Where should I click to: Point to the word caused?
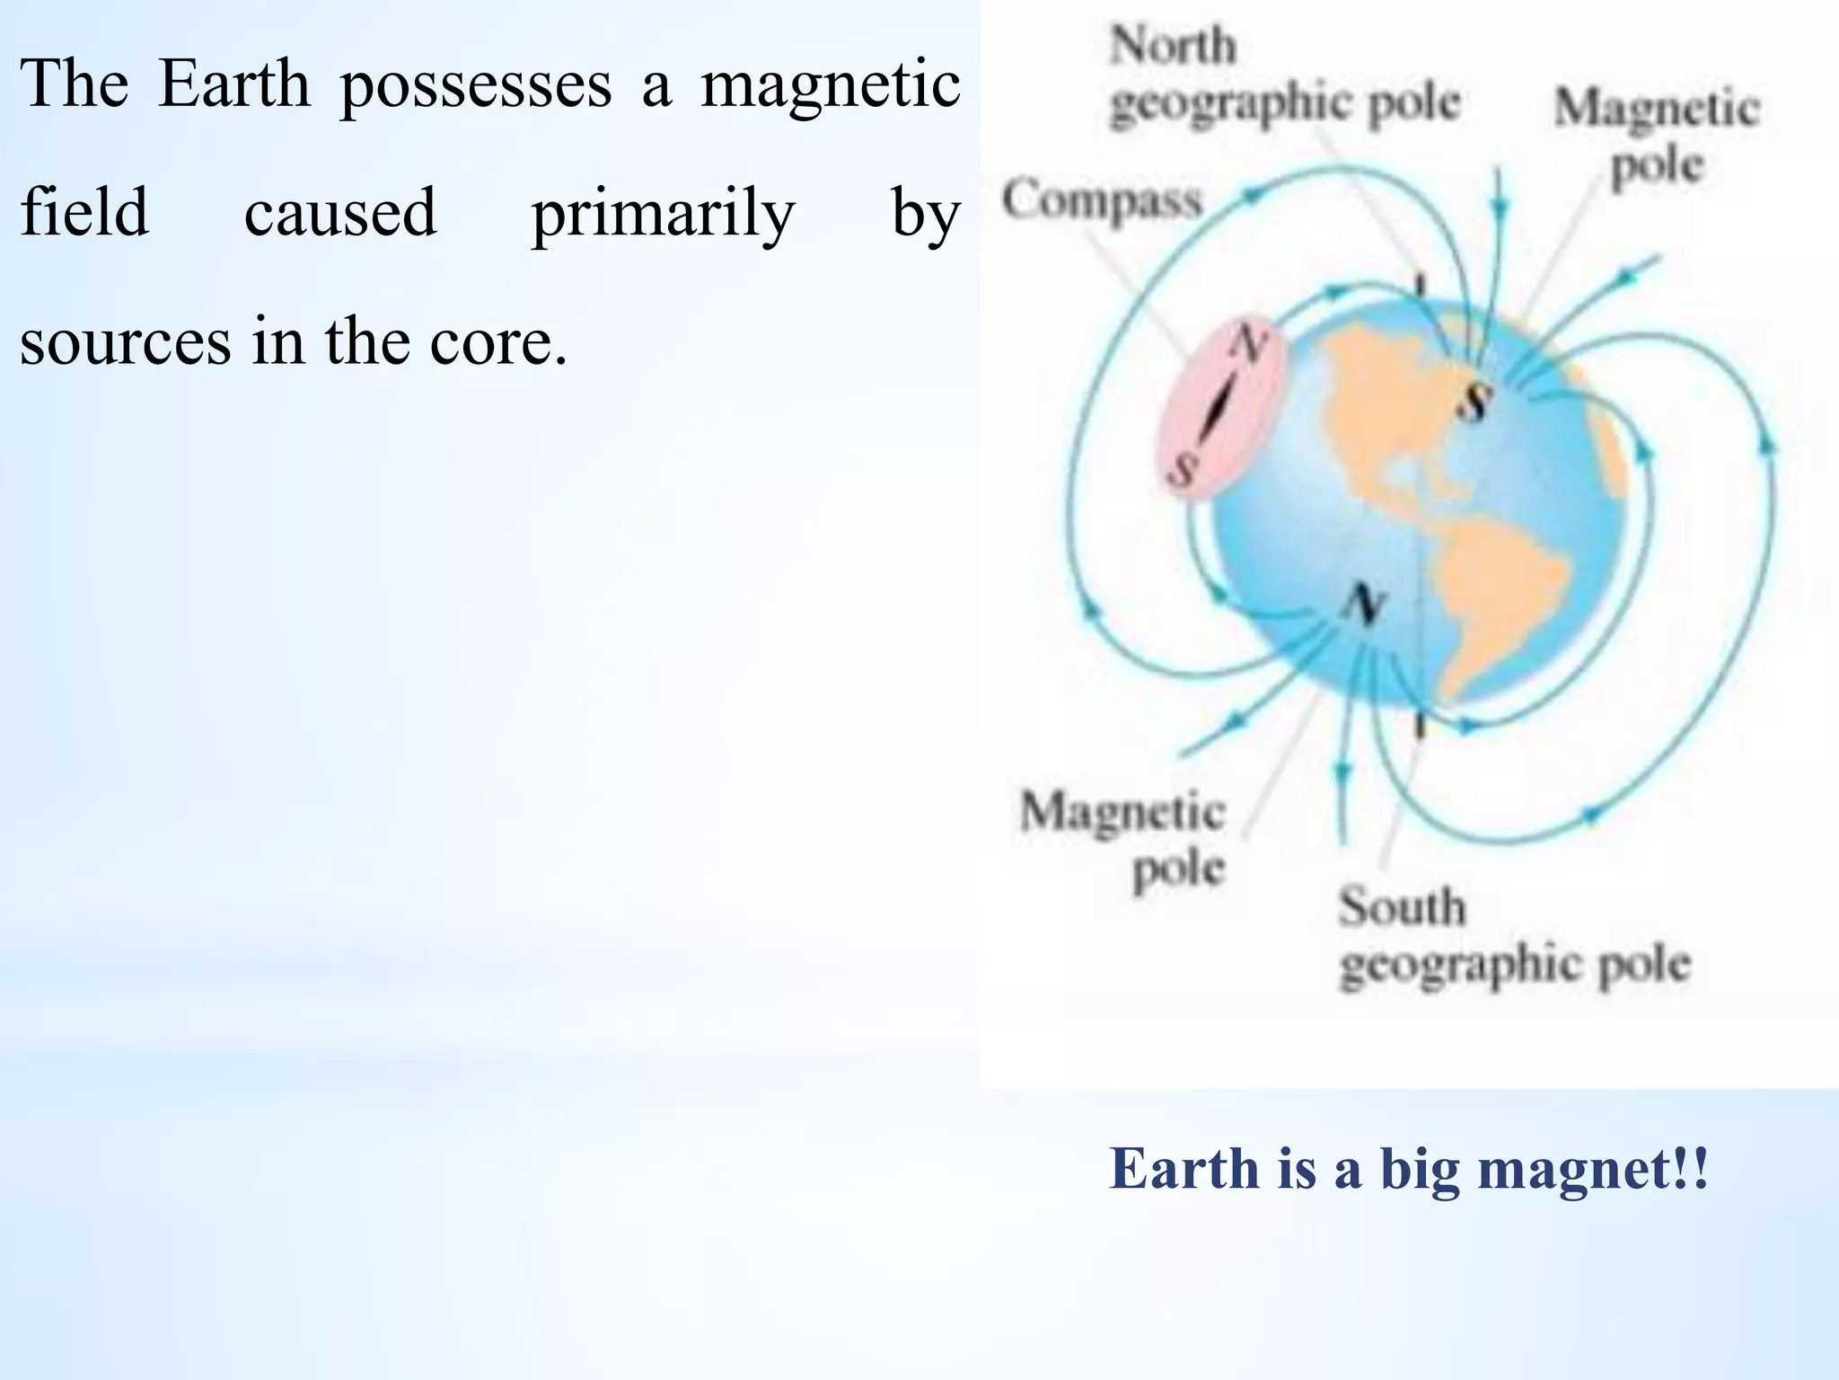pos(340,214)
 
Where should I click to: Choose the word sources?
pos(125,343)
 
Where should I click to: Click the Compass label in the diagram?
pos(1102,199)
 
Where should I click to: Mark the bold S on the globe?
pos(1474,401)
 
